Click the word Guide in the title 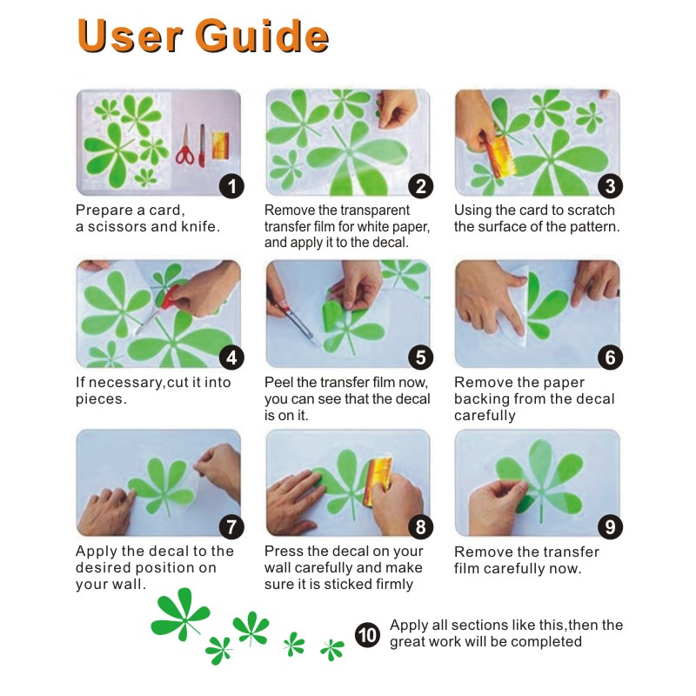click(x=262, y=36)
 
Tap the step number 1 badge click(x=231, y=186)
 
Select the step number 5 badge click(x=421, y=358)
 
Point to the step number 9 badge click(x=611, y=527)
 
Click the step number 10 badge click(x=367, y=635)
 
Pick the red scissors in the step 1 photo click(x=185, y=145)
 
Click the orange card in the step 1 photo click(x=221, y=145)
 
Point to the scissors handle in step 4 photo click(x=169, y=297)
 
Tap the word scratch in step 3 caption click(x=592, y=210)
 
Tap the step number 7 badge click(x=231, y=527)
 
